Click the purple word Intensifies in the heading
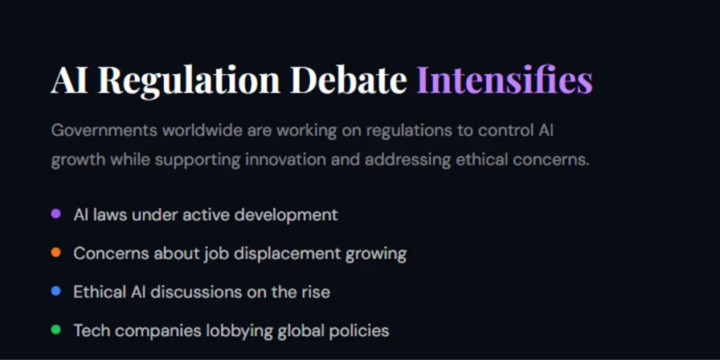coord(504,79)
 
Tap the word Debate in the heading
coord(348,79)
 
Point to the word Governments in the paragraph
coord(104,131)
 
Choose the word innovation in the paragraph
coord(285,160)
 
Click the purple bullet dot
coord(56,214)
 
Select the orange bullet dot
coord(56,252)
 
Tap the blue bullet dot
coord(56,290)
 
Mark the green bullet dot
coord(56,329)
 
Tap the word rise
coord(314,291)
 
